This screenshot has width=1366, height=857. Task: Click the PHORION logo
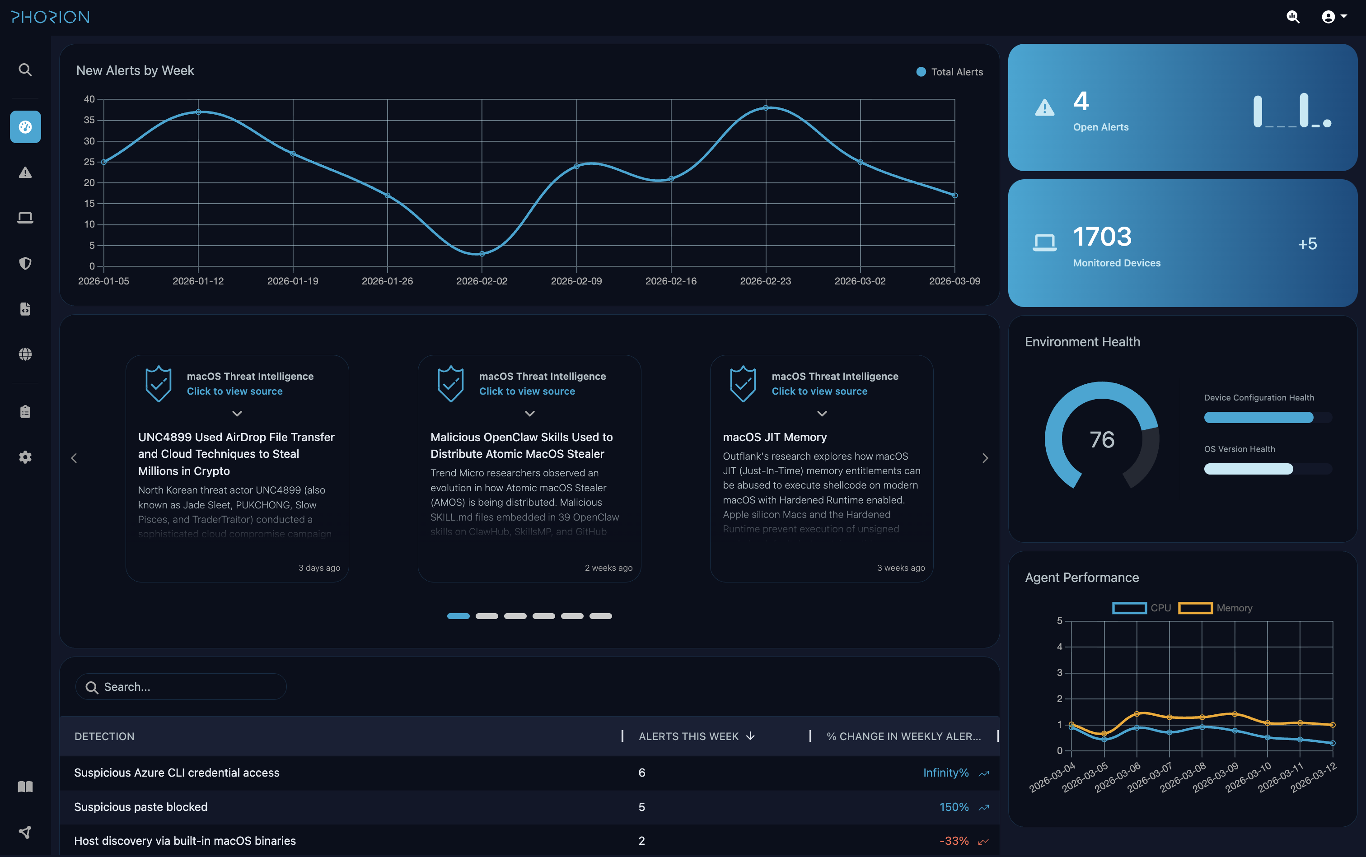pyautogui.click(x=51, y=17)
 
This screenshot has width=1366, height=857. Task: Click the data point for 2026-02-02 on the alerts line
pyautogui.click(x=482, y=254)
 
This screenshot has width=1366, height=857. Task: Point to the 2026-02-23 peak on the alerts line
pyautogui.click(x=766, y=108)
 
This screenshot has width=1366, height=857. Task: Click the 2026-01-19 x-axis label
pyautogui.click(x=293, y=281)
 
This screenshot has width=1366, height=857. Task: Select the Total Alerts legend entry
pyautogui.click(x=950, y=72)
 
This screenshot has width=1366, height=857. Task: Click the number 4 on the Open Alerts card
pyautogui.click(x=1081, y=102)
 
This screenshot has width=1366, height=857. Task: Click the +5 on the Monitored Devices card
pyautogui.click(x=1307, y=244)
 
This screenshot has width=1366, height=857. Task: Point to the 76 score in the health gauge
pyautogui.click(x=1102, y=439)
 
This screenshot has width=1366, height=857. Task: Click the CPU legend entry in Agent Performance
pyautogui.click(x=1141, y=608)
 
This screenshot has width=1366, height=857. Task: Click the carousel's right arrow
pyautogui.click(x=985, y=458)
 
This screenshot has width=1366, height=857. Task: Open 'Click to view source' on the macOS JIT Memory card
pyautogui.click(x=819, y=391)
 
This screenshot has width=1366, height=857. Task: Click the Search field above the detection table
pyautogui.click(x=182, y=687)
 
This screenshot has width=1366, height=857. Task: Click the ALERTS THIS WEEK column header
pyautogui.click(x=688, y=736)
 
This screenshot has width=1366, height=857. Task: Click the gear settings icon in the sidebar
pyautogui.click(x=25, y=457)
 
